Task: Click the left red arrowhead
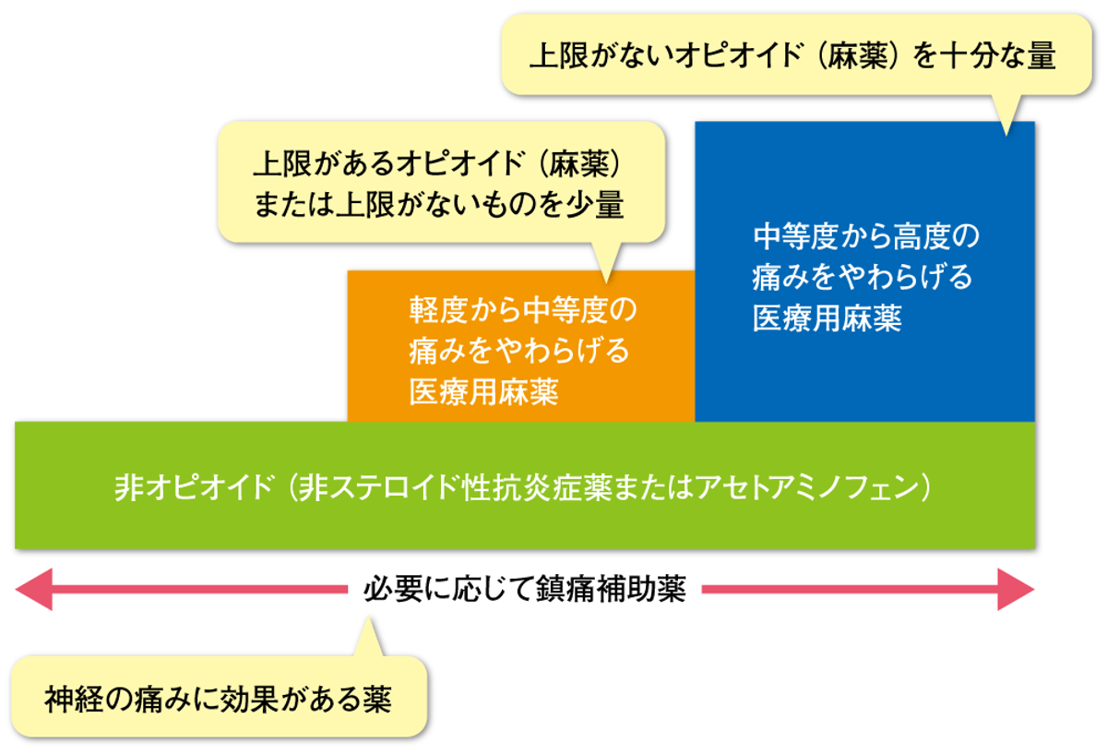pos(33,590)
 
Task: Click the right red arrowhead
pos(1016,590)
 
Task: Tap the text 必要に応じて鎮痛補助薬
pos(525,590)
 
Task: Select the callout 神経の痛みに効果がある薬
pos(220,698)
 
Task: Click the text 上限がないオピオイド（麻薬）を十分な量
pos(792,54)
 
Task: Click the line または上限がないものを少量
pos(439,204)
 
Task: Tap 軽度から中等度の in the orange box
pos(523,310)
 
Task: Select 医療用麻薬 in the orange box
pos(483,392)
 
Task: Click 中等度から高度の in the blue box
pos(866,236)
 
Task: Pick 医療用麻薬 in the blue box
pos(827,318)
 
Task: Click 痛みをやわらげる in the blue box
pos(863,277)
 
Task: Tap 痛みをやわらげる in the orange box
pos(519,351)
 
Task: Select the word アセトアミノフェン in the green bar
pos(806,487)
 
